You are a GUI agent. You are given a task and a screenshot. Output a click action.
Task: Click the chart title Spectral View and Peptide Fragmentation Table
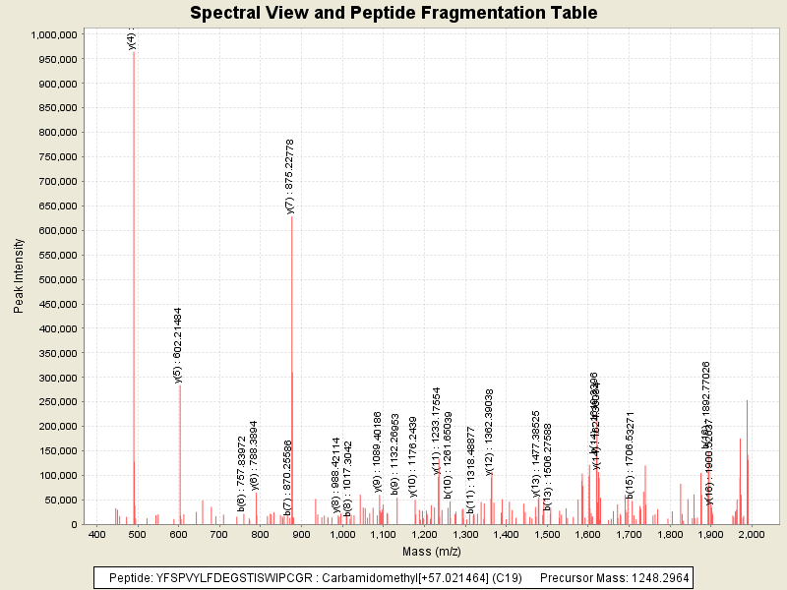[393, 13]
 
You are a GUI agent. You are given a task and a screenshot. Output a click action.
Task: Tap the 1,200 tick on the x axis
[424, 534]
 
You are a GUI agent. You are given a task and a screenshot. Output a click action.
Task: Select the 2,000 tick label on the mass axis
[752, 534]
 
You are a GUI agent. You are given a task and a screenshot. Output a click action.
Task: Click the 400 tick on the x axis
[97, 534]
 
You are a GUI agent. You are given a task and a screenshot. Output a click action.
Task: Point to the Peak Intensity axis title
[19, 279]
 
